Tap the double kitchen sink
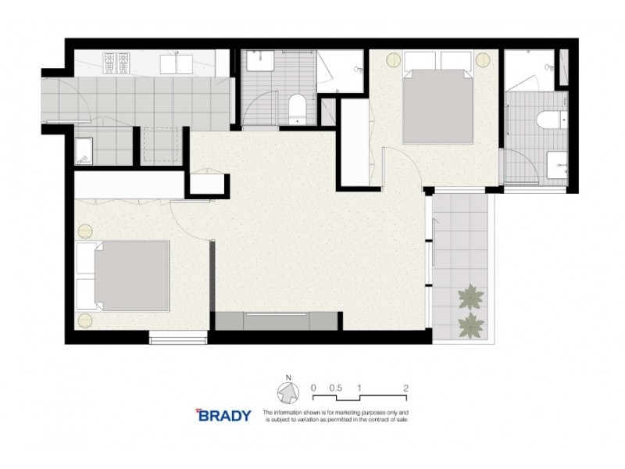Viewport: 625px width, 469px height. (x=179, y=63)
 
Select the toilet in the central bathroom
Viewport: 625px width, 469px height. (x=298, y=109)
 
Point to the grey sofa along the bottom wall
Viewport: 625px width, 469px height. (x=277, y=320)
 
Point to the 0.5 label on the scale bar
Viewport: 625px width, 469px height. (x=336, y=387)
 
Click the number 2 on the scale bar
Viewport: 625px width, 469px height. (x=406, y=387)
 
